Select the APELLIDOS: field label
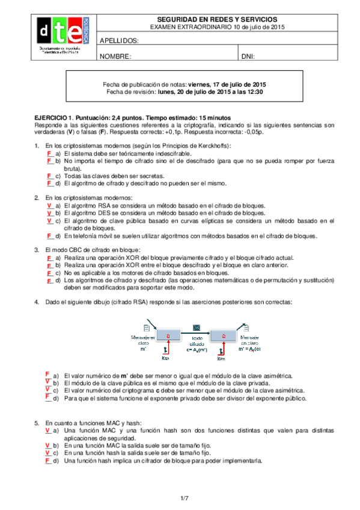click(x=119, y=41)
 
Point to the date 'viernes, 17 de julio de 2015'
click(x=227, y=85)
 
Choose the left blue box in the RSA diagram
click(x=168, y=336)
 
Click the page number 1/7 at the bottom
click(x=184, y=497)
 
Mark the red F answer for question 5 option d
click(x=48, y=461)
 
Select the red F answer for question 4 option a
click(x=47, y=374)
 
